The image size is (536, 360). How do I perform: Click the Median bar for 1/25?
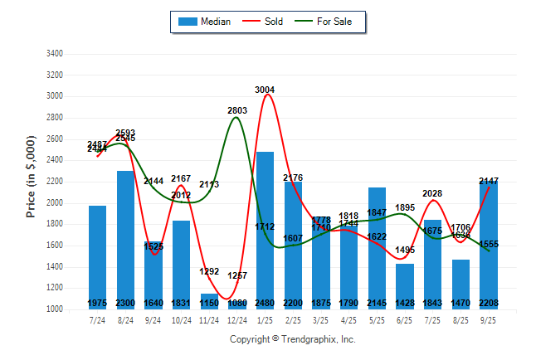pyautogui.click(x=265, y=232)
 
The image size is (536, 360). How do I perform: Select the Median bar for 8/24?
pyautogui.click(x=125, y=241)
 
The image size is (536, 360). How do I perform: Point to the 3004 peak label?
pyautogui.click(x=265, y=90)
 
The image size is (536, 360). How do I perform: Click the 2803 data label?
pyautogui.click(x=237, y=110)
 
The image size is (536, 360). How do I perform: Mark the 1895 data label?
pyautogui.click(x=404, y=207)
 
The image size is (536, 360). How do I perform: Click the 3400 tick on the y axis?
pyautogui.click(x=53, y=54)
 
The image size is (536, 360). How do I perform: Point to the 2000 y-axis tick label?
pyautogui.click(x=53, y=203)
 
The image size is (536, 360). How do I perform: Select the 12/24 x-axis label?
pyautogui.click(x=236, y=319)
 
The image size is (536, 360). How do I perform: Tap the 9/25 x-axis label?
pyautogui.click(x=488, y=319)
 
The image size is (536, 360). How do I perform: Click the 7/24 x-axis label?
pyautogui.click(x=97, y=319)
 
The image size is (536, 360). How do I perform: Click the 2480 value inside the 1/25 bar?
pyautogui.click(x=265, y=303)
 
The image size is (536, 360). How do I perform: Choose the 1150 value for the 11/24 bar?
pyautogui.click(x=209, y=303)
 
